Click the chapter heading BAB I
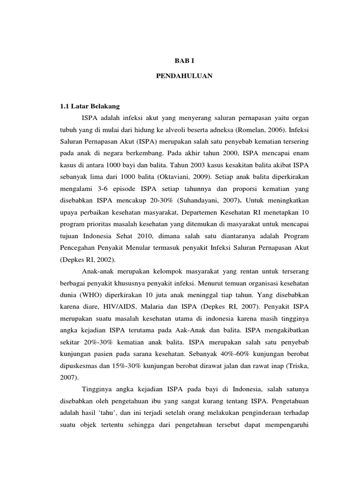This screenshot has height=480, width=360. click(180, 61)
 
